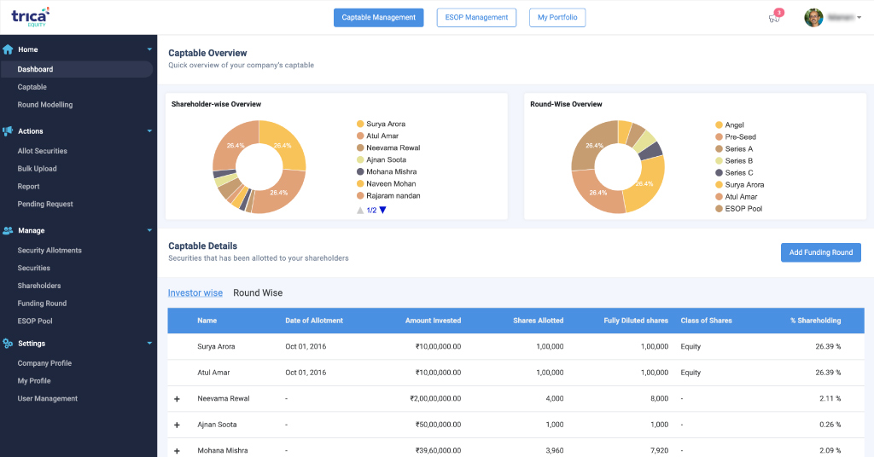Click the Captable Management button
point(378,17)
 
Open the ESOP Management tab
point(476,17)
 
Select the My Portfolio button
point(556,17)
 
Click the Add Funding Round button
point(820,252)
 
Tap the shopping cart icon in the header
point(773,18)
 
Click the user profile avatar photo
point(813,17)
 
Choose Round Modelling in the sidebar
point(45,105)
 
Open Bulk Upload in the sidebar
point(38,169)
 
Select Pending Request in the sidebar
point(45,204)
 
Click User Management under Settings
point(48,398)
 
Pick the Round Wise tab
point(258,293)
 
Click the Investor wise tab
point(195,293)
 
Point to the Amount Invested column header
point(433,321)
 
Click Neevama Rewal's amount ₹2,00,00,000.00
point(435,398)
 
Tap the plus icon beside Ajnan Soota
point(178,425)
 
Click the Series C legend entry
point(738,173)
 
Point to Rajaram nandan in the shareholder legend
point(393,196)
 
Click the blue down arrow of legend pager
point(382,210)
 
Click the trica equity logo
point(31,15)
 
